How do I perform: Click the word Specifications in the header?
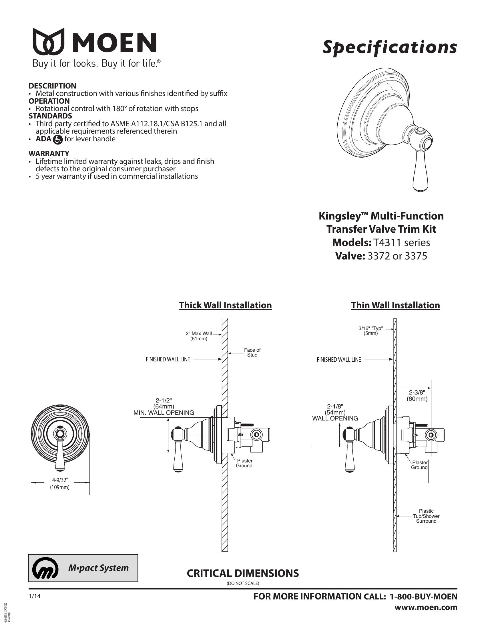coord(390,47)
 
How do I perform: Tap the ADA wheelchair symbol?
coord(58,140)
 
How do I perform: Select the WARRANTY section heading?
coord(49,154)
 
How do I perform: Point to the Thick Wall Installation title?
coord(225,305)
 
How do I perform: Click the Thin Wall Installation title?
coord(395,305)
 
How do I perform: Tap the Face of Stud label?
coord(252,352)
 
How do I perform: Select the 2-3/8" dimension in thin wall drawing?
coord(417,395)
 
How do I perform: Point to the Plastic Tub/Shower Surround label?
coord(426,516)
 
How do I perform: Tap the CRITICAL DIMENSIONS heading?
coord(243,573)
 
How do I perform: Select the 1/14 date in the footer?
coord(35,597)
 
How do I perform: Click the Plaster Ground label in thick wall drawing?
coord(244,463)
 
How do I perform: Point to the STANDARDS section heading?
coord(50,116)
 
